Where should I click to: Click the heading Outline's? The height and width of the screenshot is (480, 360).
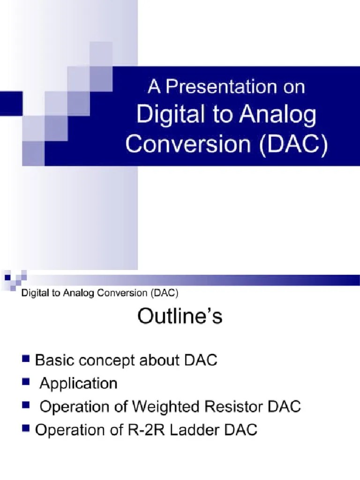(x=180, y=317)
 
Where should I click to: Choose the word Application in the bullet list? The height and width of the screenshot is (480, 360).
(x=78, y=383)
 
